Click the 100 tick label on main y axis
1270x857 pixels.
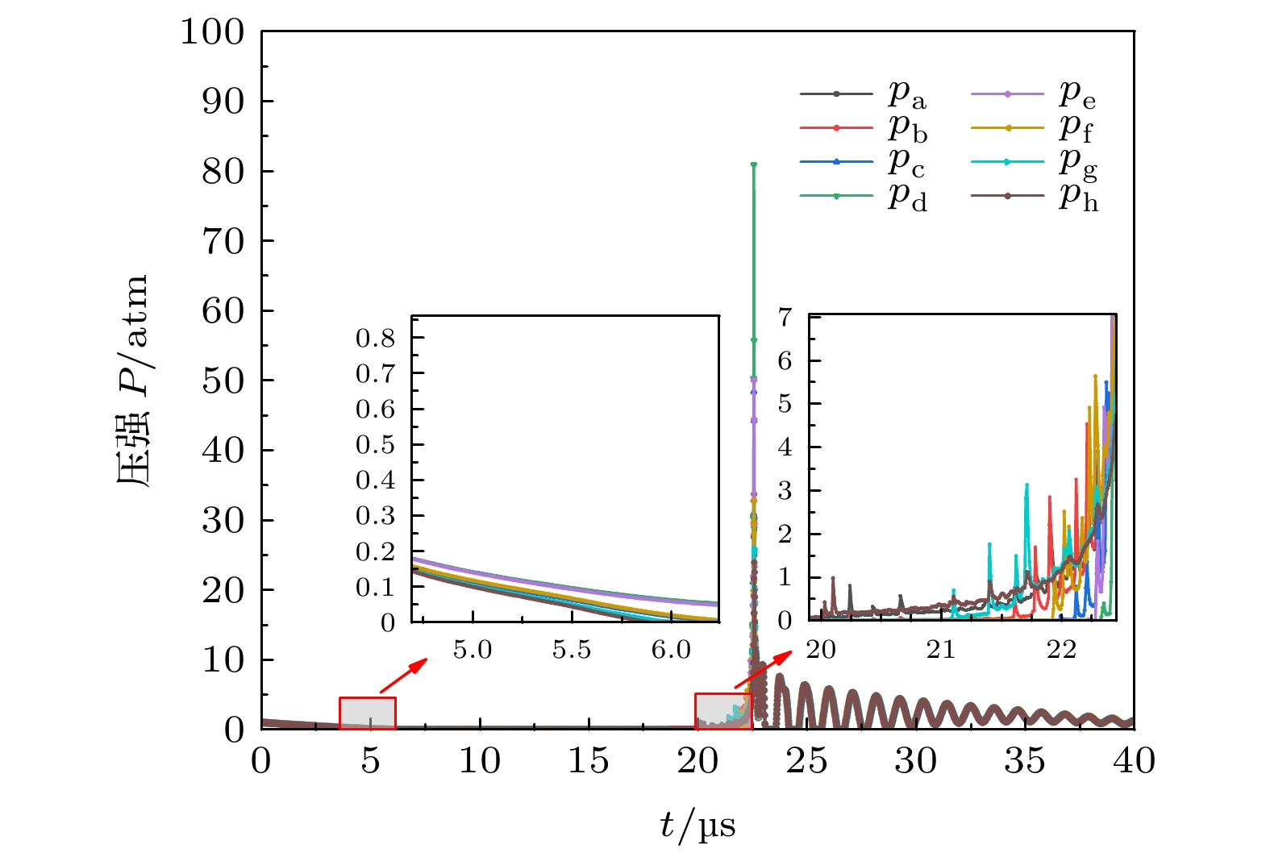pos(212,32)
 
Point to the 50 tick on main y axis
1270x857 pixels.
pos(223,381)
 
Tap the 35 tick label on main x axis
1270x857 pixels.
pos(1025,761)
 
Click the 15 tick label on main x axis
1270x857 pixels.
pos(589,761)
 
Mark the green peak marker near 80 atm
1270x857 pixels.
pos(753,165)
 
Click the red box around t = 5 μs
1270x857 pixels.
pos(368,713)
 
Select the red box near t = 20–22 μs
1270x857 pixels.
pos(723,711)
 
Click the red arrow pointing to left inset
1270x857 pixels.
pos(403,675)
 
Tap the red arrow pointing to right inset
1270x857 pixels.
pos(763,670)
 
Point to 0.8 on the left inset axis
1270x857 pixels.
pos(376,338)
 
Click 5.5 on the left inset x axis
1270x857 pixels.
pos(572,650)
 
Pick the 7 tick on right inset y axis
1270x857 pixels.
pos(785,317)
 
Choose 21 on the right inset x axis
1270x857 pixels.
pos(940,650)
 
